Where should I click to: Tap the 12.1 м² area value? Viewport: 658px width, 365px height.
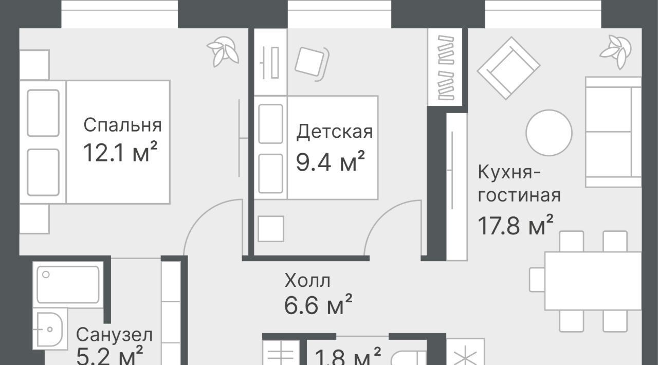coord(120,152)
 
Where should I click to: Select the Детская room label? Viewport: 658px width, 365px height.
coord(334,132)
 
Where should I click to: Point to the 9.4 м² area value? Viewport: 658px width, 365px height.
coord(330,161)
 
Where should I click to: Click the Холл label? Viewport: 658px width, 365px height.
coord(307,280)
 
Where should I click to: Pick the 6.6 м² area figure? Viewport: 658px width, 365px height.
coord(318,304)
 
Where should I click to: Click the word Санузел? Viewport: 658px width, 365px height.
coord(114,335)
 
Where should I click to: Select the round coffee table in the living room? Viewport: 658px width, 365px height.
coord(549,133)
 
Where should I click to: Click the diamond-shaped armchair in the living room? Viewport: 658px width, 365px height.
coord(508,68)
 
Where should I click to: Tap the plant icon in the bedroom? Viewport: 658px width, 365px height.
coord(223,51)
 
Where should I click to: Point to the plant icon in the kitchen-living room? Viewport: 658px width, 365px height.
coord(616,52)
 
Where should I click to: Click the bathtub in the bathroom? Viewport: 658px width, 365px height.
coord(68,284)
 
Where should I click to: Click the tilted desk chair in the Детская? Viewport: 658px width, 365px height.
coord(312,64)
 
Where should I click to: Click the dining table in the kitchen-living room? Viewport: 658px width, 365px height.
coord(593,281)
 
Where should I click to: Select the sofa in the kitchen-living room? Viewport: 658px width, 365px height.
coord(613,132)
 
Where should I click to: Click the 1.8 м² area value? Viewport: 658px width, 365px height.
coord(348,356)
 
